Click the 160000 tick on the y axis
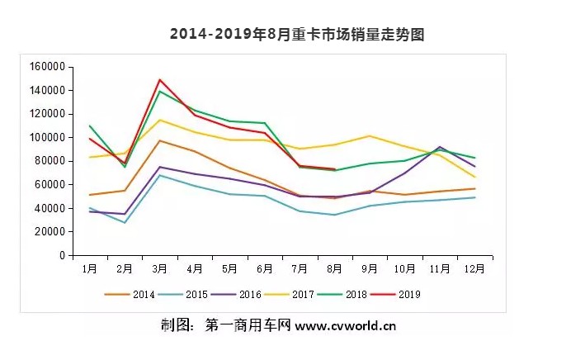coord(47,67)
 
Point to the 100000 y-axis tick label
coord(47,138)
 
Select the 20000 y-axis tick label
coord(50,232)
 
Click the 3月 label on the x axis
coord(160,268)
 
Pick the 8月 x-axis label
coord(335,268)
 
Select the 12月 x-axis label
coord(474,268)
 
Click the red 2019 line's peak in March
coord(159,80)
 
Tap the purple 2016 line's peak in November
coord(440,147)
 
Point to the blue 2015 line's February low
coord(125,223)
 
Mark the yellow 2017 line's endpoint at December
coord(475,177)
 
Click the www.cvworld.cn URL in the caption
coord(346,325)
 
